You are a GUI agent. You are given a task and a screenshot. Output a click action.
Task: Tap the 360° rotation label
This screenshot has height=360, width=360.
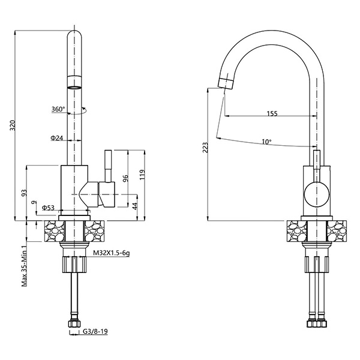pyautogui.click(x=58, y=109)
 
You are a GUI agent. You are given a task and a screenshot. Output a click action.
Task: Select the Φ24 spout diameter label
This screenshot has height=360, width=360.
pyautogui.click(x=56, y=138)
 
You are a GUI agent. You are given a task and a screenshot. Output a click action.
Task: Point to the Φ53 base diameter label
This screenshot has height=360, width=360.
pyautogui.click(x=48, y=208)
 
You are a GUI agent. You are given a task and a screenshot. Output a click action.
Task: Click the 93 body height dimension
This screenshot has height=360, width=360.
pyautogui.click(x=24, y=193)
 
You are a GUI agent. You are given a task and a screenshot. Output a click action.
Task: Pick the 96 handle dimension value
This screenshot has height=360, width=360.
pyautogui.click(x=125, y=178)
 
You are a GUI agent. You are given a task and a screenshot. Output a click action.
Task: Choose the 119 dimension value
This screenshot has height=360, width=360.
pyautogui.click(x=142, y=175)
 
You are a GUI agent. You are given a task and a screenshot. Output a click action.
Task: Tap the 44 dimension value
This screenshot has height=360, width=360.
pyautogui.click(x=135, y=206)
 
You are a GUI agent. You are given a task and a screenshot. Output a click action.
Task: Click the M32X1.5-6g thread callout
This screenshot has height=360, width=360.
pyautogui.click(x=112, y=253)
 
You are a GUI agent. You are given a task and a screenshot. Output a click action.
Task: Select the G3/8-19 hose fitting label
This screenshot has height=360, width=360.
pyautogui.click(x=95, y=331)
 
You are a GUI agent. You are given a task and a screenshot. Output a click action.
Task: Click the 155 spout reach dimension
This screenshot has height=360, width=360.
pyautogui.click(x=272, y=113)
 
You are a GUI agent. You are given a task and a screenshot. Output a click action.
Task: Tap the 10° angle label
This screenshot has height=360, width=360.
pyautogui.click(x=266, y=142)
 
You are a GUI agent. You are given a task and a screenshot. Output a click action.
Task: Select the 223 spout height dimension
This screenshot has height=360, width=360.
pyautogui.click(x=205, y=148)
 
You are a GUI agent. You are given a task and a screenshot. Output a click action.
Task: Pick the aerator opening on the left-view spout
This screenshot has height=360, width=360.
pyautogui.click(x=74, y=88)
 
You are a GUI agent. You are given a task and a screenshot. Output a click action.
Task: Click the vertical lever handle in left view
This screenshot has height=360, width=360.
pyautogui.click(x=108, y=166)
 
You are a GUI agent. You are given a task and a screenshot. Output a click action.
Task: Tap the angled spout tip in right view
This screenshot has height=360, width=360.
pyautogui.click(x=226, y=83)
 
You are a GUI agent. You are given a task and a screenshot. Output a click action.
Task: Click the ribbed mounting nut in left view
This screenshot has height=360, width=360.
pyautogui.click(x=74, y=265)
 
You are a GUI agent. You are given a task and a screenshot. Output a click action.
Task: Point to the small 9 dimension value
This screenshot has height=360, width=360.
pyautogui.click(x=34, y=203)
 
